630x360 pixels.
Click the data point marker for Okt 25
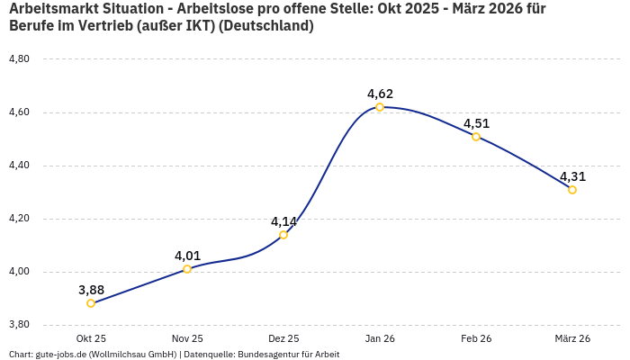(x=91, y=303)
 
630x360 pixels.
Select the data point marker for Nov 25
(x=187, y=269)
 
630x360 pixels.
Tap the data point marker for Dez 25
(x=283, y=235)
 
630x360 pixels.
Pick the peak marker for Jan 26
(x=380, y=107)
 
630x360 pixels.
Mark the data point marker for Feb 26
(x=476, y=137)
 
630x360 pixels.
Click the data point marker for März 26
(x=572, y=190)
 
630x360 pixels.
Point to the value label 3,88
(x=91, y=290)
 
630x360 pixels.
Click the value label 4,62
(x=380, y=94)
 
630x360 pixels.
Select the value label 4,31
(x=572, y=176)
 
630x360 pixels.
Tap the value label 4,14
(x=283, y=221)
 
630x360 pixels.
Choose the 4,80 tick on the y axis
(x=19, y=59)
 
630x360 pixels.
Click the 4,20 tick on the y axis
(x=19, y=219)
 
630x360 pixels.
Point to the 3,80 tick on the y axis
(x=19, y=325)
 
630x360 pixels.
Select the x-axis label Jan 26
(x=380, y=338)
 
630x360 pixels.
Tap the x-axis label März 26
(x=572, y=338)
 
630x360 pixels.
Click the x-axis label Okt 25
(x=91, y=338)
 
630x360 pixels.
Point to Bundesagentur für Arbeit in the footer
(x=289, y=355)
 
